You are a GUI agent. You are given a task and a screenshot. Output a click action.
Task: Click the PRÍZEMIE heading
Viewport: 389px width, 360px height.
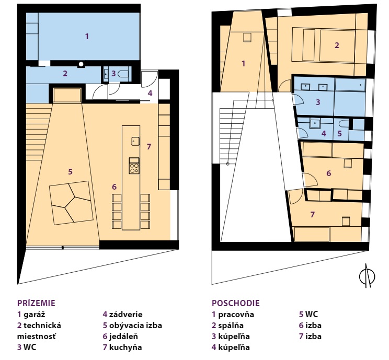tap(36, 303)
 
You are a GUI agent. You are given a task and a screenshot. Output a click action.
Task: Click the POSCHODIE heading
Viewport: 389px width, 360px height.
tap(235, 303)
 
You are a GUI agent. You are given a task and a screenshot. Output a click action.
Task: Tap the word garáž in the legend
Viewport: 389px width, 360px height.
tap(35, 315)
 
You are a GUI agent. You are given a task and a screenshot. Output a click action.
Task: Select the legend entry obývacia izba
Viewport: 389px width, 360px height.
tap(135, 326)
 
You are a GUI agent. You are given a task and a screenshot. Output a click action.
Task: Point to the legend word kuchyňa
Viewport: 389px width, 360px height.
tap(125, 347)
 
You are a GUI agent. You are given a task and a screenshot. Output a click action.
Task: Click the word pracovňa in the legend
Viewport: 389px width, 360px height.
tap(236, 315)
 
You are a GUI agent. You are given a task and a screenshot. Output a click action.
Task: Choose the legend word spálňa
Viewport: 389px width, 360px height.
tap(231, 326)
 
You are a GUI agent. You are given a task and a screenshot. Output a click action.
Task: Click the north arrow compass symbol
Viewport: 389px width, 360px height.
tap(367, 276)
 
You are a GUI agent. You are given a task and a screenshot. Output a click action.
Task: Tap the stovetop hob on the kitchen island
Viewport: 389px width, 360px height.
tap(134, 166)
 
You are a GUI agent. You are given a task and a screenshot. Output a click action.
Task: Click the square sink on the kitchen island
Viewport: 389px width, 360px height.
tap(135, 141)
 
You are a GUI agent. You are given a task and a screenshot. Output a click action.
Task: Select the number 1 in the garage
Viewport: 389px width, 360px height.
tap(87, 37)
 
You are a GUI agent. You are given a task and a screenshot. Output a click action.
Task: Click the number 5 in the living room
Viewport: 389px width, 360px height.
tap(70, 171)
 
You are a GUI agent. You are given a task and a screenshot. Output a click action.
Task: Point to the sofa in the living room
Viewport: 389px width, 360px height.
tap(71, 203)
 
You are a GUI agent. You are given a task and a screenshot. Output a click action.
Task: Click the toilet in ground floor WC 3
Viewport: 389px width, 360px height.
tap(122, 74)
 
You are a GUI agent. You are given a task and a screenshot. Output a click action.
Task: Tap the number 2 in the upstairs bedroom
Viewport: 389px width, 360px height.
tap(337, 45)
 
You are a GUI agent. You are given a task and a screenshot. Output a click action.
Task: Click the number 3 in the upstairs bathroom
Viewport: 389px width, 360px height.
tap(318, 102)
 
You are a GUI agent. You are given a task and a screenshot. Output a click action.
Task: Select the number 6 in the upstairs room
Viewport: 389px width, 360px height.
tap(329, 173)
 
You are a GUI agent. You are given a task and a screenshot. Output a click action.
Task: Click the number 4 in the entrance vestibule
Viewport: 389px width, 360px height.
tap(150, 93)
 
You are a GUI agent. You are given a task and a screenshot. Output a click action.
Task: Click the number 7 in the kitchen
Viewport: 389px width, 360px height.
tap(149, 146)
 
